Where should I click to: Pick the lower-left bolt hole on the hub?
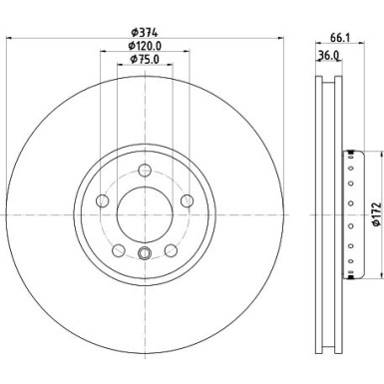118,249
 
